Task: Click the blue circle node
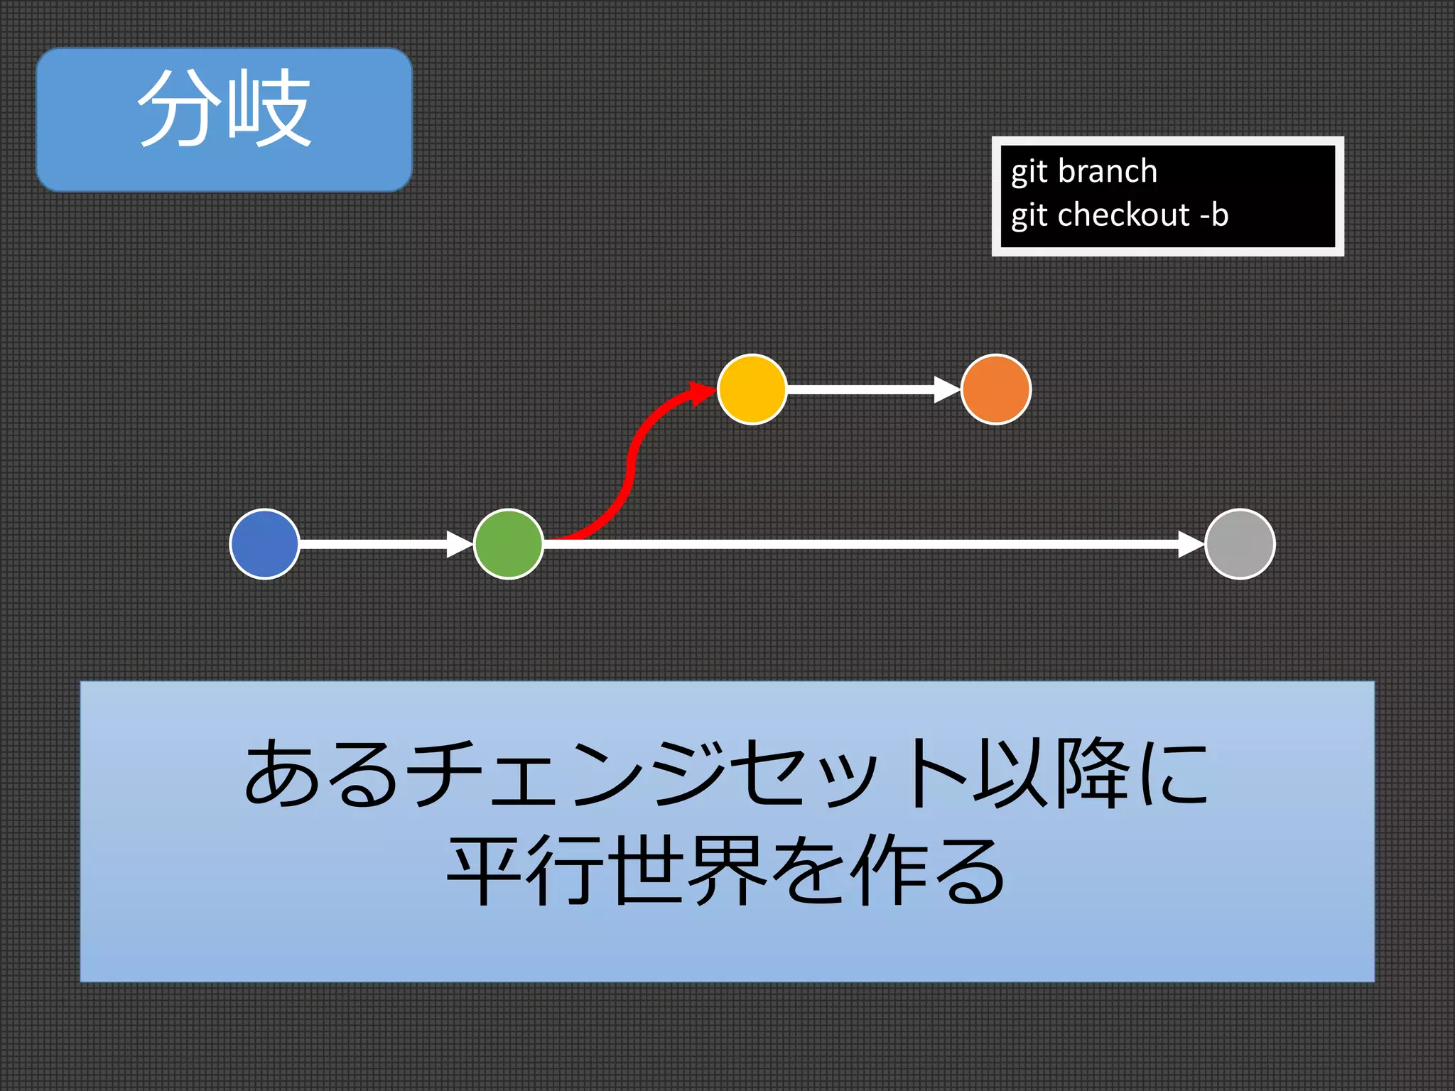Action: pos(264,544)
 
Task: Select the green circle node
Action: pos(509,544)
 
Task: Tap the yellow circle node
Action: pos(752,389)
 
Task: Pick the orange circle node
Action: pos(995,389)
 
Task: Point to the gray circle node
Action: pos(1240,544)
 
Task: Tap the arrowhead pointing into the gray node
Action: pos(1190,544)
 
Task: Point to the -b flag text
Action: pos(1213,215)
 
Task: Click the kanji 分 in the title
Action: pos(179,108)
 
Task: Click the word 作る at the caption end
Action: pos(931,870)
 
